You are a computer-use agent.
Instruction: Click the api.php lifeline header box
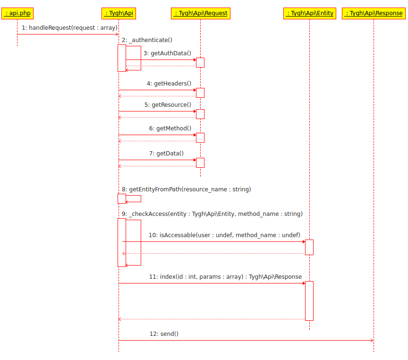[17, 13]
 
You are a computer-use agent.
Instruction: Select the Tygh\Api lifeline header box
[119, 13]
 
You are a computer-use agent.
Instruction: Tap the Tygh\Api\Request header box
[201, 13]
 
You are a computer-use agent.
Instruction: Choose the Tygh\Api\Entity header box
[310, 13]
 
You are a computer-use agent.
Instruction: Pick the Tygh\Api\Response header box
[374, 13]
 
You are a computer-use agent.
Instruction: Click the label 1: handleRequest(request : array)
[69, 28]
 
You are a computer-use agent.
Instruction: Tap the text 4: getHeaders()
[169, 84]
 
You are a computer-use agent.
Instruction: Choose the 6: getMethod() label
[170, 129]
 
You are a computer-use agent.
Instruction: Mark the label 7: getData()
[166, 154]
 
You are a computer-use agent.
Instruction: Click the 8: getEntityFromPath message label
[186, 189]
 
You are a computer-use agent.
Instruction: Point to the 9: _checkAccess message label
[212, 214]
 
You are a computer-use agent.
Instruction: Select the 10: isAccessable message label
[224, 235]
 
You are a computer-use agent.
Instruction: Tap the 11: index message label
[225, 277]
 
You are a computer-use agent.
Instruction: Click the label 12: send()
[164, 334]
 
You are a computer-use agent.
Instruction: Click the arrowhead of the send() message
[371, 340]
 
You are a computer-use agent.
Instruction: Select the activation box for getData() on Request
[200, 163]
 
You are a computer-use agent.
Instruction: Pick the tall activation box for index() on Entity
[309, 300]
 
